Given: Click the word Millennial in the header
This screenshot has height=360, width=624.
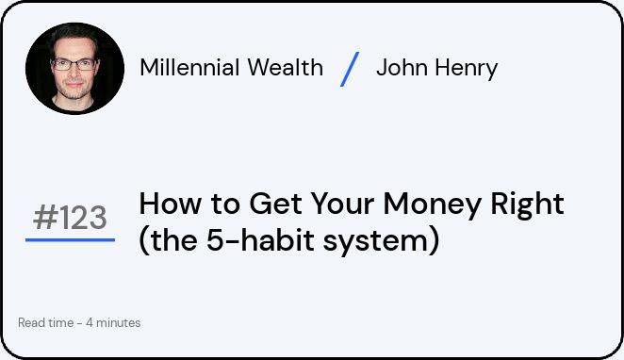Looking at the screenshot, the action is pyautogui.click(x=189, y=67).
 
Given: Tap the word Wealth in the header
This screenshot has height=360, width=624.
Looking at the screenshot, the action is pyautogui.click(x=285, y=67).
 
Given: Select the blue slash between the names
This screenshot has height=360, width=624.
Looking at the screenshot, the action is pyautogui.click(x=350, y=69).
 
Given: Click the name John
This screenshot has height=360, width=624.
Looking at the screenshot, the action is pyautogui.click(x=402, y=67).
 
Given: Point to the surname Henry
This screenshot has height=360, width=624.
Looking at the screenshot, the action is pyautogui.click(x=466, y=69).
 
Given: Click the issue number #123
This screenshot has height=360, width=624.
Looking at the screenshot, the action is pyautogui.click(x=70, y=217).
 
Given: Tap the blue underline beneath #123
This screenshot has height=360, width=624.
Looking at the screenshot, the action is pyautogui.click(x=70, y=240).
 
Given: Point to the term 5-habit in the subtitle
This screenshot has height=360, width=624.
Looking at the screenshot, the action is pyautogui.click(x=260, y=240).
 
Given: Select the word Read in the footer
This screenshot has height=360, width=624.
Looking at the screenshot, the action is pyautogui.click(x=31, y=322).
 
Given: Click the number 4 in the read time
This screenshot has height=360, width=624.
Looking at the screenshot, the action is pyautogui.click(x=90, y=322).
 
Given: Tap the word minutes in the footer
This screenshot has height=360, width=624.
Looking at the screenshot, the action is pyautogui.click(x=118, y=322).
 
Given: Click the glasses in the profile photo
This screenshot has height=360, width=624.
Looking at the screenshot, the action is pyautogui.click(x=74, y=64).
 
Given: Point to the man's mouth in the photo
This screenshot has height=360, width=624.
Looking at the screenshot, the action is pyautogui.click(x=74, y=84).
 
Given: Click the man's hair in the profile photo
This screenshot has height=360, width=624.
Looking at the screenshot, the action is pyautogui.click(x=74, y=33).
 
